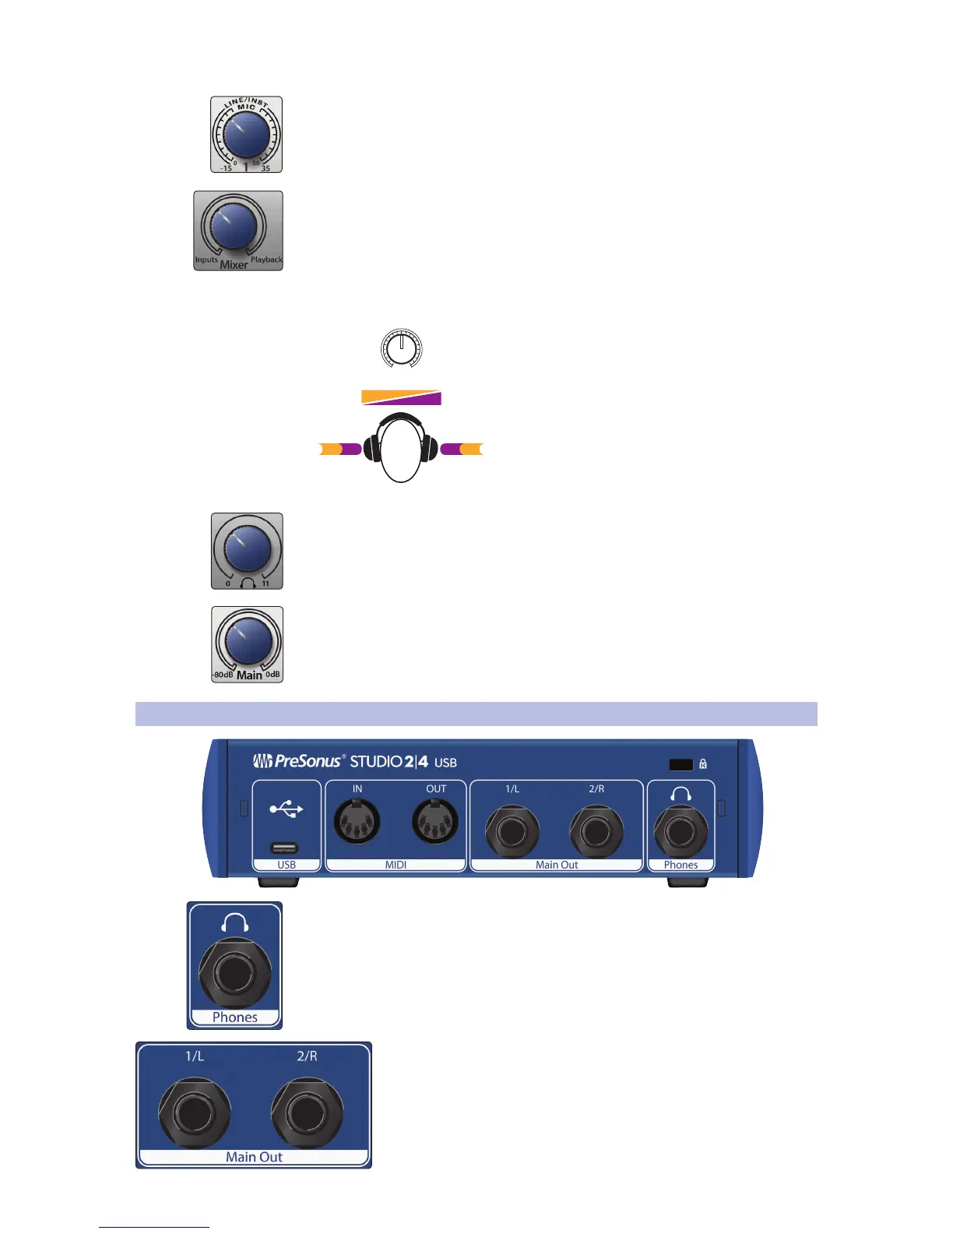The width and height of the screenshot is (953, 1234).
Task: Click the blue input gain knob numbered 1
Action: (x=246, y=134)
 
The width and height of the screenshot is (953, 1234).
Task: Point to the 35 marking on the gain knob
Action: (x=266, y=168)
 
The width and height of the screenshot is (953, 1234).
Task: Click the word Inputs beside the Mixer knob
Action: (x=206, y=260)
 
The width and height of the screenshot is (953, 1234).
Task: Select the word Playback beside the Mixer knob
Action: (x=266, y=260)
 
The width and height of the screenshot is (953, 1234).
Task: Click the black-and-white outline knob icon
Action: (x=401, y=347)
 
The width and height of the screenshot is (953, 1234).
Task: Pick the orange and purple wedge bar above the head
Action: (x=401, y=397)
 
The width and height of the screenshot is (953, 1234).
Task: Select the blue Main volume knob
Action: (x=248, y=641)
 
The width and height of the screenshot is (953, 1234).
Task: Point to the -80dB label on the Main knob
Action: (x=223, y=675)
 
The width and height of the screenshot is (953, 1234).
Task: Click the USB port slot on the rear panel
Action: (x=284, y=848)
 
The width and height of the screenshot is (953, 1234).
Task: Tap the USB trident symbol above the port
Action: (x=286, y=810)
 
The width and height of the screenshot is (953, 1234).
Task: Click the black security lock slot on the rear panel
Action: (x=680, y=765)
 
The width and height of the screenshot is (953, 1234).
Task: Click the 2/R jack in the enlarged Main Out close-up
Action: (x=307, y=1113)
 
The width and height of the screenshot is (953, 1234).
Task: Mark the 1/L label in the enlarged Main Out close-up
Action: (x=195, y=1056)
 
